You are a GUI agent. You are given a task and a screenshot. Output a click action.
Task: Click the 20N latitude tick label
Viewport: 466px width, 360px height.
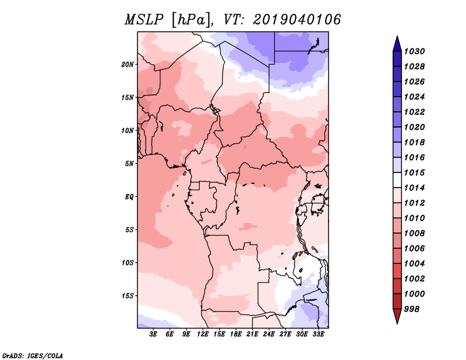click(x=127, y=65)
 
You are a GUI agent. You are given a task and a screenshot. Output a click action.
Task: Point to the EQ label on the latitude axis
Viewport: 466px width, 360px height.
click(x=129, y=196)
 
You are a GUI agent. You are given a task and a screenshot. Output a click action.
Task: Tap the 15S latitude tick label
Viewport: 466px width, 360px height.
click(x=128, y=296)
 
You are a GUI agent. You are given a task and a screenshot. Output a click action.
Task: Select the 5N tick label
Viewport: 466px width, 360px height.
click(x=129, y=164)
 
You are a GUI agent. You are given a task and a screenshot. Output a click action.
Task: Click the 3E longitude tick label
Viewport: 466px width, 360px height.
click(x=153, y=334)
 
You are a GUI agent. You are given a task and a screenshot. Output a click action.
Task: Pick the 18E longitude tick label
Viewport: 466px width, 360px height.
click(x=236, y=334)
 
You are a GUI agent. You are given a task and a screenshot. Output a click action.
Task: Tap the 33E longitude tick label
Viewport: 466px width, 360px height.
click(x=318, y=334)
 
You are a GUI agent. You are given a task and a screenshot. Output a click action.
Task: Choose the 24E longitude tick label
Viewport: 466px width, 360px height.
click(x=269, y=334)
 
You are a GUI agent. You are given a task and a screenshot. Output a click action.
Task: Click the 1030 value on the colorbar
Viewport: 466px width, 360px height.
click(x=414, y=51)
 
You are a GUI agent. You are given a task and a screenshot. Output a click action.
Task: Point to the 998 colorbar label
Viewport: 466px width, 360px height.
click(x=412, y=309)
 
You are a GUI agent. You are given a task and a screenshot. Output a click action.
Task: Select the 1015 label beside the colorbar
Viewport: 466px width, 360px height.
click(x=414, y=172)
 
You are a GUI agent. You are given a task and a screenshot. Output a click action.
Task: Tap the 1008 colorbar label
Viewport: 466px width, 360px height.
click(x=414, y=234)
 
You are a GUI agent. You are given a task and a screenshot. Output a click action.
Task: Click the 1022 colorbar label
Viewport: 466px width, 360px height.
click(x=414, y=112)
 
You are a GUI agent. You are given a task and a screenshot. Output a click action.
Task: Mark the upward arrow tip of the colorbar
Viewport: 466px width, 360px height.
click(x=397, y=36)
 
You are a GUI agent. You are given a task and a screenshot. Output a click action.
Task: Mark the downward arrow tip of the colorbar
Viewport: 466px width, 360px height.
click(x=397, y=324)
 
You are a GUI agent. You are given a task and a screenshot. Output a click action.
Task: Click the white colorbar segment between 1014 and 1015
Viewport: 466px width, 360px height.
click(x=397, y=180)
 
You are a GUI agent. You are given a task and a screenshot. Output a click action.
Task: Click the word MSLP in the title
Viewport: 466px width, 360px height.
click(x=144, y=20)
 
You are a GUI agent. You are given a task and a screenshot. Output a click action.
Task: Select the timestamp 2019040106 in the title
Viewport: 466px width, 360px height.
click(x=296, y=20)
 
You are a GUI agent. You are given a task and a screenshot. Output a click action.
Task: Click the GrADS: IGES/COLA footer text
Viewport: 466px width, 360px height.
click(x=33, y=356)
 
